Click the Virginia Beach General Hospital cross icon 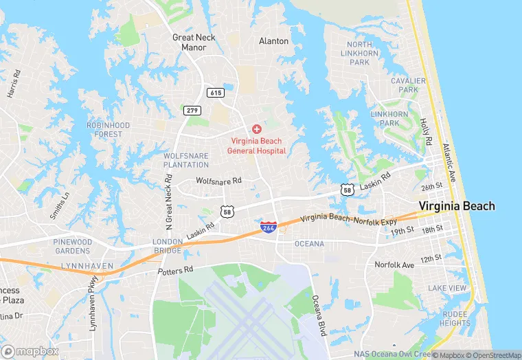tap(257, 129)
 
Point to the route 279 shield tap(192, 110)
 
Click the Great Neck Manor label tap(194, 43)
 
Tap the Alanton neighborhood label tap(273, 41)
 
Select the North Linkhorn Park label tap(360, 54)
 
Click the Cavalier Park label tap(404, 85)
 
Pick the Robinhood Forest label tap(109, 130)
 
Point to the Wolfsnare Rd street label tap(218, 181)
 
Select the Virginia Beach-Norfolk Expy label tap(349, 218)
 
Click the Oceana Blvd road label tap(317, 316)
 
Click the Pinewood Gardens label tap(73, 247)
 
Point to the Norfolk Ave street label tap(394, 265)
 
